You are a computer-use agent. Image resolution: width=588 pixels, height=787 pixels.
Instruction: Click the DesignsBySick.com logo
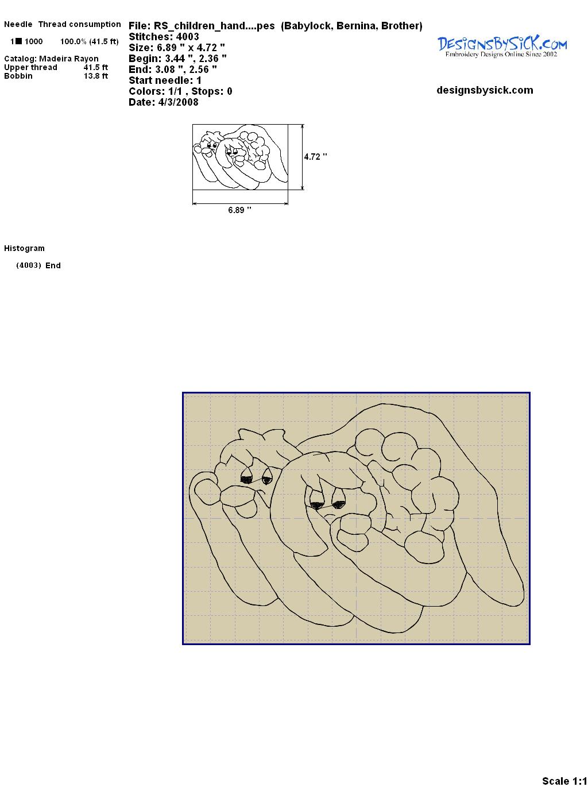click(x=502, y=47)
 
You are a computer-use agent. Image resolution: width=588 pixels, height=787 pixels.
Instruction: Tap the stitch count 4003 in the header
click(x=187, y=37)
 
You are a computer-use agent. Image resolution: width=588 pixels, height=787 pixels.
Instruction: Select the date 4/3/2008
click(x=178, y=102)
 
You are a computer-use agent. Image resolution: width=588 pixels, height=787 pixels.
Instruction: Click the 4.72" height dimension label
click(x=315, y=157)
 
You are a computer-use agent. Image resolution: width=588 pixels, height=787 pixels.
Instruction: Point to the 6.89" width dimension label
click(x=239, y=210)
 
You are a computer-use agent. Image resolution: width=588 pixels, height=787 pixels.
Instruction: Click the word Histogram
click(x=24, y=248)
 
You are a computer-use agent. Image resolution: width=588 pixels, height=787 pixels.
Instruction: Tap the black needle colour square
click(x=19, y=41)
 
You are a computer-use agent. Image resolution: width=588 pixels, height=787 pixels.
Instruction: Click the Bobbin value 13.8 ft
click(x=96, y=76)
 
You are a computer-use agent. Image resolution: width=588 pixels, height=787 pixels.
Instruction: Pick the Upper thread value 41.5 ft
click(x=96, y=67)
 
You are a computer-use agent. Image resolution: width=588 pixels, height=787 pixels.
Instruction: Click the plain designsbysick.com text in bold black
click(x=485, y=90)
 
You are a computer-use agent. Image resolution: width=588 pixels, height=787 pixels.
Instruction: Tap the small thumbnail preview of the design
click(x=240, y=157)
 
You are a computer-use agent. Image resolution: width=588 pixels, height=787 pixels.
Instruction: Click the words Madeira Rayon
click(x=69, y=59)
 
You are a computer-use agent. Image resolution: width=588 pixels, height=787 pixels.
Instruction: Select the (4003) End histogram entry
click(x=38, y=265)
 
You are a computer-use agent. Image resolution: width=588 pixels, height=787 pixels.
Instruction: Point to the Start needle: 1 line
click(x=165, y=80)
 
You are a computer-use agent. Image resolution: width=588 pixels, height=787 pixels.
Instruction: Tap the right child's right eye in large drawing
click(x=339, y=504)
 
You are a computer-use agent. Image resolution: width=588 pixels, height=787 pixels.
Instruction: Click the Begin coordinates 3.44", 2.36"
click(x=196, y=59)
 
